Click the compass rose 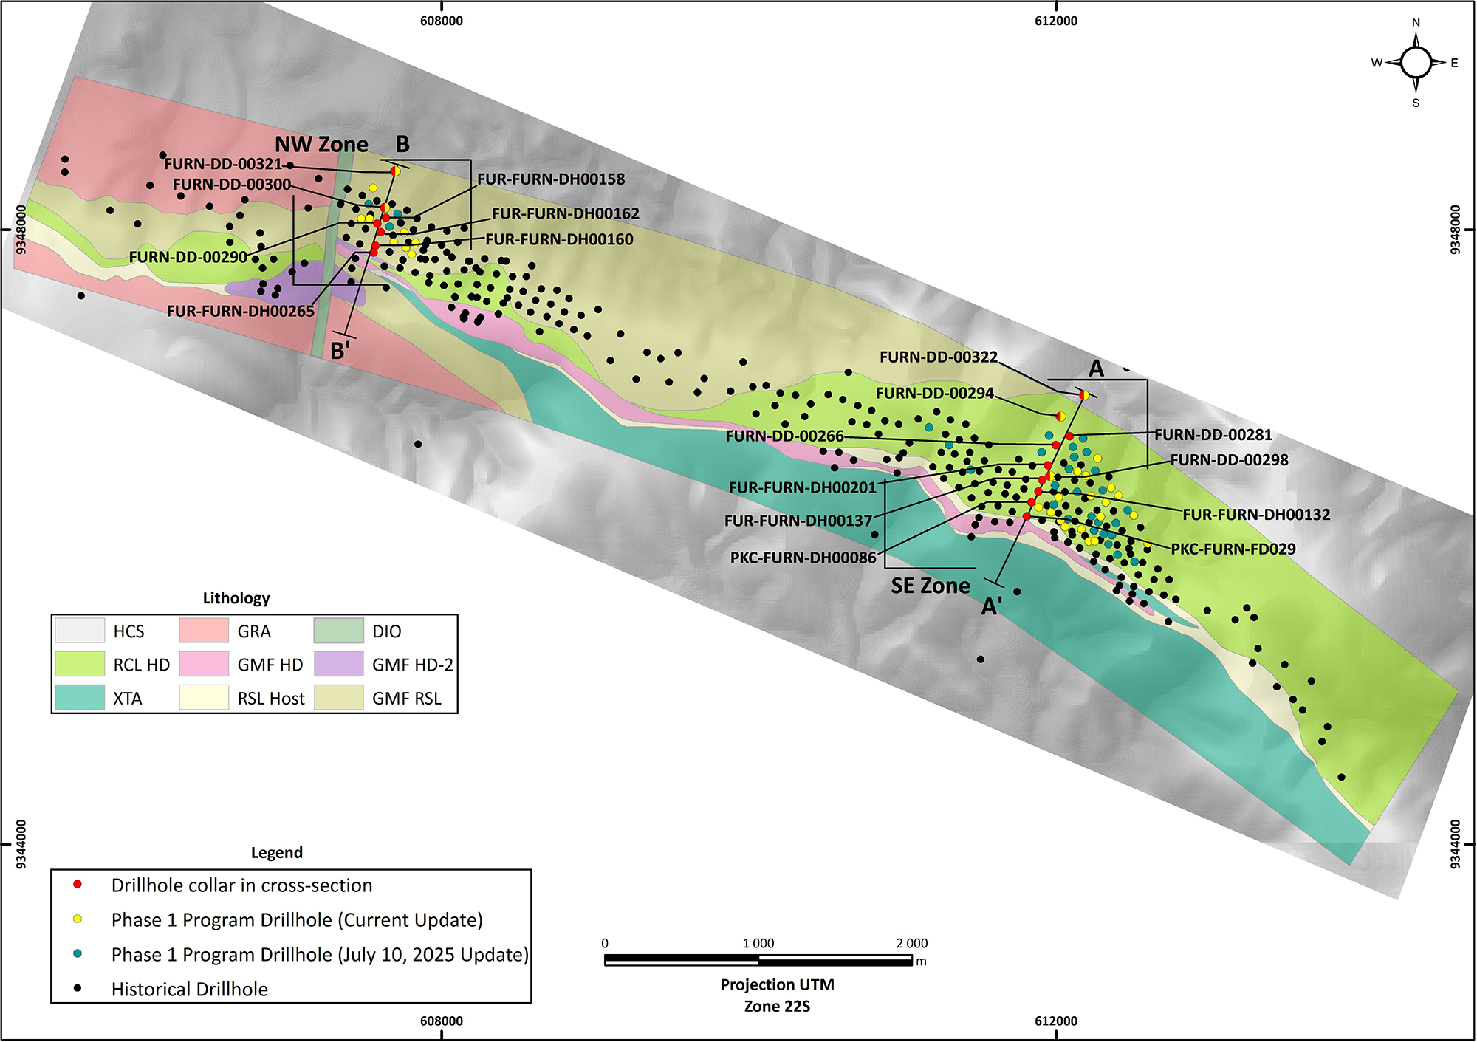point(1416,63)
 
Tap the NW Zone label point(321,144)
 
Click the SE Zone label point(931,586)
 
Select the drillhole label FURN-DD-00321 point(223,164)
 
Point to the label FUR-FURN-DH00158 point(551,179)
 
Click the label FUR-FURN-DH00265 point(241,312)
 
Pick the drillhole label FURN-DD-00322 point(939,357)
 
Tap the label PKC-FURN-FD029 point(1233,549)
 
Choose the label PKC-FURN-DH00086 point(803,558)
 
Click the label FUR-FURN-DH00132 point(1256,515)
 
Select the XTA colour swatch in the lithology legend point(80,698)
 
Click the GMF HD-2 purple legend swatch point(338,664)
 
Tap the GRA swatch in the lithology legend point(204,631)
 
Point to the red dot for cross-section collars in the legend point(78,885)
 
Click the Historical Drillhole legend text point(190,990)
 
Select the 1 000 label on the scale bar point(758,943)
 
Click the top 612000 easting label point(1056,21)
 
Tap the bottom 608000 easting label point(442,1021)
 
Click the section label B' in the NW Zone point(340,351)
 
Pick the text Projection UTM point(778,984)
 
